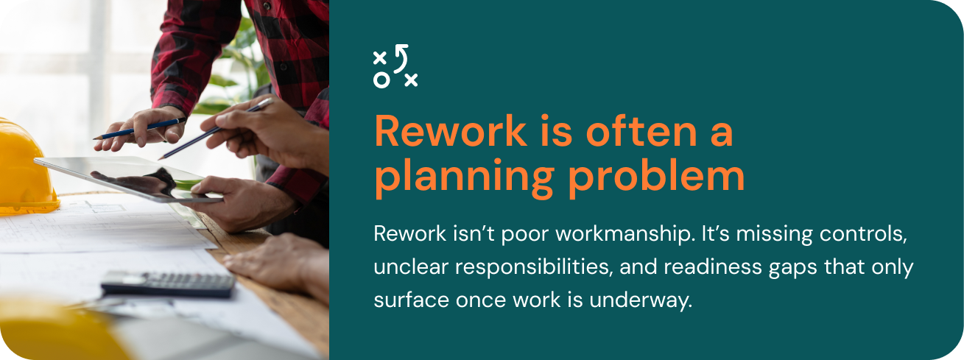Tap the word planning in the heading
tap(465, 177)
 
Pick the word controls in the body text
tap(863, 234)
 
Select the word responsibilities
tap(534, 267)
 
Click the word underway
tap(641, 300)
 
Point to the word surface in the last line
tap(412, 300)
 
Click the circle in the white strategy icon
tap(381, 80)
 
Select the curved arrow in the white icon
tap(401, 57)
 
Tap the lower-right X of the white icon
tap(411, 80)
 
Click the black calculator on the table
tap(169, 284)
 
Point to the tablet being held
tap(128, 178)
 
